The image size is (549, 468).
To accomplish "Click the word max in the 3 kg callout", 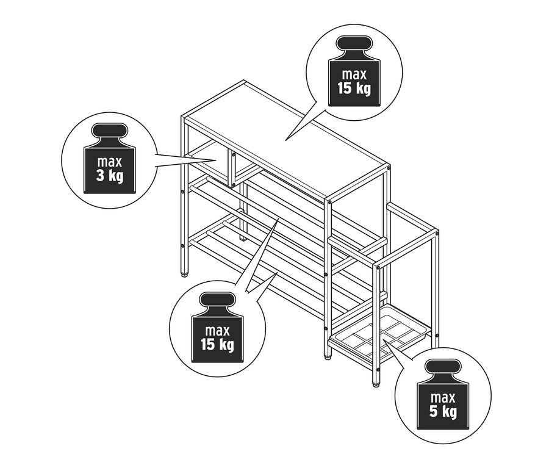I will (x=110, y=163).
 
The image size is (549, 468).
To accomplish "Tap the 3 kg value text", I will (x=110, y=176).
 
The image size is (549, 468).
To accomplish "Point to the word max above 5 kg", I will (x=442, y=397).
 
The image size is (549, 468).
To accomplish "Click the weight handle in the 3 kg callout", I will (x=110, y=132).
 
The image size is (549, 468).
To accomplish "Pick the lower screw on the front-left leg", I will (x=183, y=246).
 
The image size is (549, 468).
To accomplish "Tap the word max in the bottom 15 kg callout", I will (x=218, y=331).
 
